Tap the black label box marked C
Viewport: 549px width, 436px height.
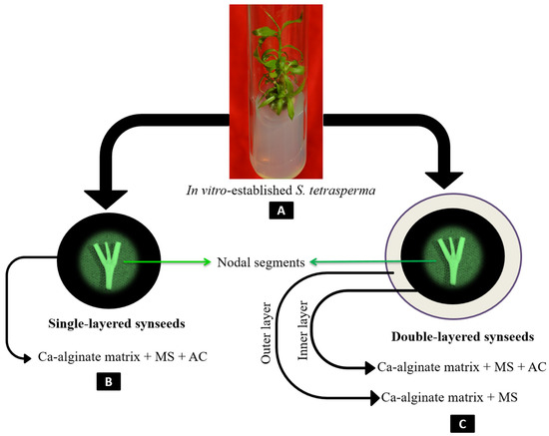(x=432, y=422)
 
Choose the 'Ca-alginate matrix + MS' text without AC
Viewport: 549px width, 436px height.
(x=439, y=397)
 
